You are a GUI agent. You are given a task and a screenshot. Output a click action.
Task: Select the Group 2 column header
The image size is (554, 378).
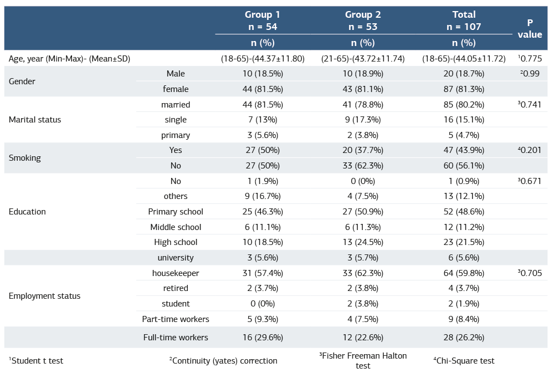(x=363, y=21)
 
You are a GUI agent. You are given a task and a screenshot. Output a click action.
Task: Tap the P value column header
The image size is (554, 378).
(x=530, y=28)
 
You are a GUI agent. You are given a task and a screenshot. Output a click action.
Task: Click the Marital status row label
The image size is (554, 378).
(x=35, y=120)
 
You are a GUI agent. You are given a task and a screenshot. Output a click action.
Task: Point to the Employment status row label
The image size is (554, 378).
(x=44, y=296)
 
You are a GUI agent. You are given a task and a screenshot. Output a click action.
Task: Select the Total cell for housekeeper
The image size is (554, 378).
(x=453, y=273)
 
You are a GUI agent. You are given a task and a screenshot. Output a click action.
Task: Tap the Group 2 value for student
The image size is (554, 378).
(x=363, y=304)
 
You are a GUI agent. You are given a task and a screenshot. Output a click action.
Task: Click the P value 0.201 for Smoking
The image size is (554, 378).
(x=530, y=150)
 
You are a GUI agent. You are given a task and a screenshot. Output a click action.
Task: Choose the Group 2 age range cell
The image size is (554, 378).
(x=363, y=58)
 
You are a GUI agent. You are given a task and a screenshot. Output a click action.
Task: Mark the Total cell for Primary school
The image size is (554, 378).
(x=453, y=212)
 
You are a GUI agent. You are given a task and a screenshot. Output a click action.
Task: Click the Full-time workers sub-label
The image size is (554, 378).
(x=176, y=338)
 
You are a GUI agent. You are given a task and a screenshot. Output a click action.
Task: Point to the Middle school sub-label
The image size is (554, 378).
(x=176, y=227)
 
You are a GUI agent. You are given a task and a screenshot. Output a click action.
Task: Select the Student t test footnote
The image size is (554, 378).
(x=36, y=361)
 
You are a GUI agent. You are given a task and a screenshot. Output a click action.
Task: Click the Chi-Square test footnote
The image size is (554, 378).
(x=464, y=361)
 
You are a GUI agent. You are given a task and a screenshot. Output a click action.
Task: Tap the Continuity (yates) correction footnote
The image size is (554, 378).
(x=223, y=361)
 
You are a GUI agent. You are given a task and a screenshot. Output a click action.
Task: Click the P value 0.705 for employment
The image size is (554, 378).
(x=530, y=273)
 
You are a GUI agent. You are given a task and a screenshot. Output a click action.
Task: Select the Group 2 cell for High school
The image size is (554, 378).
(x=363, y=242)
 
